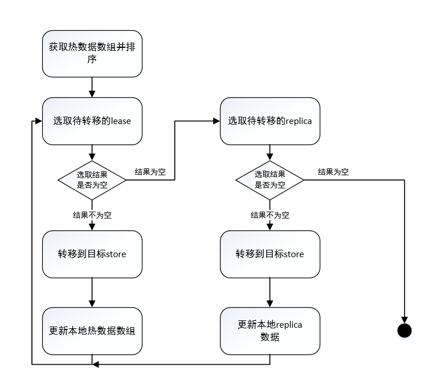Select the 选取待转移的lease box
(x=92, y=121)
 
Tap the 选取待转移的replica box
(x=270, y=121)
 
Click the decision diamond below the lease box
(x=92, y=180)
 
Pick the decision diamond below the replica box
(x=270, y=180)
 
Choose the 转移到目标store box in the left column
(x=92, y=254)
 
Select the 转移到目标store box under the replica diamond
(x=270, y=254)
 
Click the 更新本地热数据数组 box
(x=92, y=331)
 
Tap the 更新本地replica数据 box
(x=270, y=331)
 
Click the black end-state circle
(x=404, y=331)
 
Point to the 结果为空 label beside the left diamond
(x=150, y=172)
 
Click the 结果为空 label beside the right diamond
(x=333, y=172)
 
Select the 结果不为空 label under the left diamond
(x=92, y=215)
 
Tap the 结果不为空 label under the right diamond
(x=270, y=215)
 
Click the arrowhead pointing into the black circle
(x=404, y=320)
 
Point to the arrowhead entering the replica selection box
(x=217, y=121)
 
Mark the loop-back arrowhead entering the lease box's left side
(x=39, y=121)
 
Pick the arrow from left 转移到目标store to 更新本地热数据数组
(x=92, y=293)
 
